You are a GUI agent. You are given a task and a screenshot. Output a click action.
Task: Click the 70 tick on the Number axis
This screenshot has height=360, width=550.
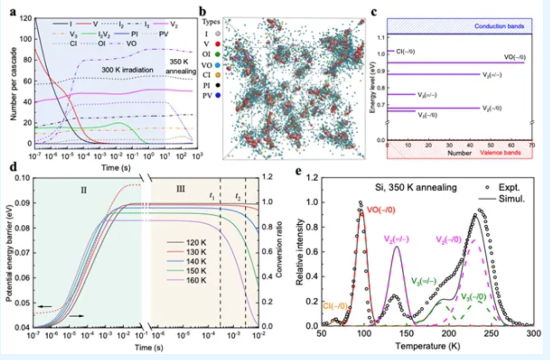coord(532,145)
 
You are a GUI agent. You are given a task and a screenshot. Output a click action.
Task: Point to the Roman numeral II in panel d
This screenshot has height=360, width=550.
coord(84,188)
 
